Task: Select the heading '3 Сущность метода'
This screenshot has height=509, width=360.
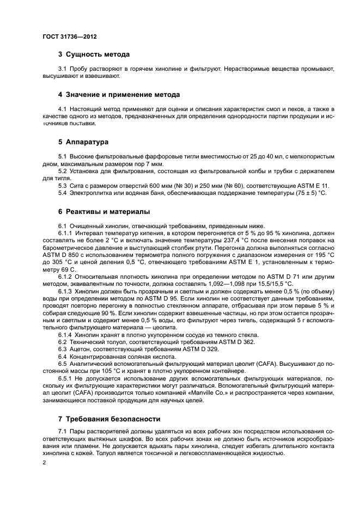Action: pos(94,54)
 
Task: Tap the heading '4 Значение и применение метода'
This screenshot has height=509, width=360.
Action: pos(119,95)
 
